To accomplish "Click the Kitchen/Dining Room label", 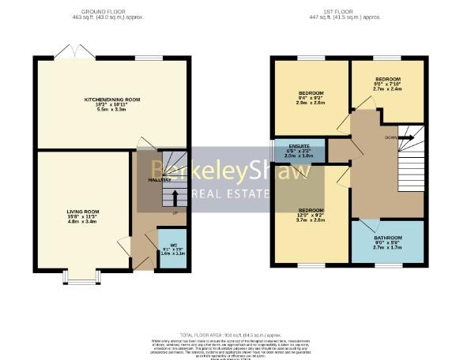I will click(112, 99).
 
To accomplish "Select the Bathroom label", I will click(388, 237).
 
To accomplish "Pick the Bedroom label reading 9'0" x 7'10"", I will click(387, 80).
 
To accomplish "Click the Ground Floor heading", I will click(112, 11).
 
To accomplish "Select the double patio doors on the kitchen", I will click(75, 53).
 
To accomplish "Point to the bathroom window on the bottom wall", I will click(387, 267).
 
